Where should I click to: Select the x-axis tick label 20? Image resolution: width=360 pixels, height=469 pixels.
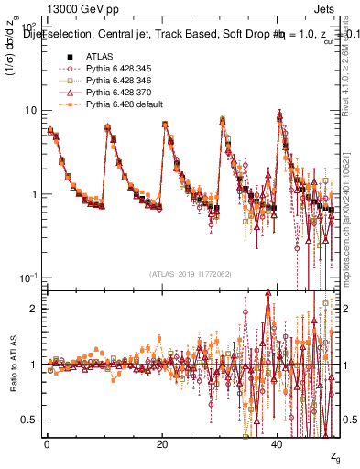tap(162, 444)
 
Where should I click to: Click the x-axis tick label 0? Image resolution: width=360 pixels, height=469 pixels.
tap(47, 444)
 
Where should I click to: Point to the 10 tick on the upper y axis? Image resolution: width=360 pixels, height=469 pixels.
tap(30, 110)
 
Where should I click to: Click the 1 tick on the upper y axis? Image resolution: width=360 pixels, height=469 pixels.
tap(34, 194)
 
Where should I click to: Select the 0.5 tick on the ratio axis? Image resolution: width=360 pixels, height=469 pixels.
tap(29, 420)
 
